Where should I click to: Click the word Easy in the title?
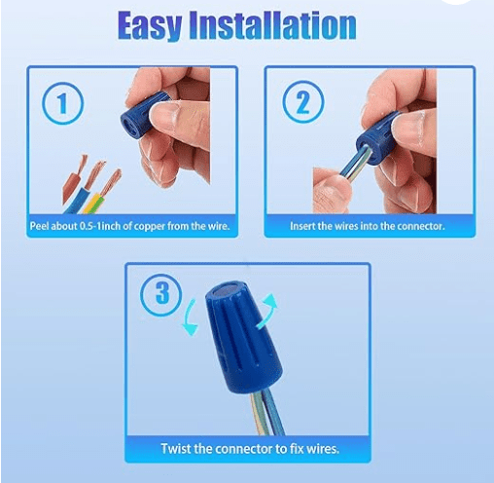(x=150, y=25)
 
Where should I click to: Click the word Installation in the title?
(x=272, y=25)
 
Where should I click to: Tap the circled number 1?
(x=62, y=103)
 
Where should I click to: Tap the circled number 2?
(x=303, y=102)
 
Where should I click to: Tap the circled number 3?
(x=161, y=295)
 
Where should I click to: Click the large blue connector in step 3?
(x=242, y=338)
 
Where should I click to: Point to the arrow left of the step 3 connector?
(x=190, y=318)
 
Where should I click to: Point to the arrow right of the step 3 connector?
(x=269, y=310)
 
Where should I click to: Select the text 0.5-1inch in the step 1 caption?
(x=100, y=226)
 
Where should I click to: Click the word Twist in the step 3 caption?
(x=176, y=449)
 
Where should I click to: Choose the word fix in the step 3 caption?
(x=296, y=449)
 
